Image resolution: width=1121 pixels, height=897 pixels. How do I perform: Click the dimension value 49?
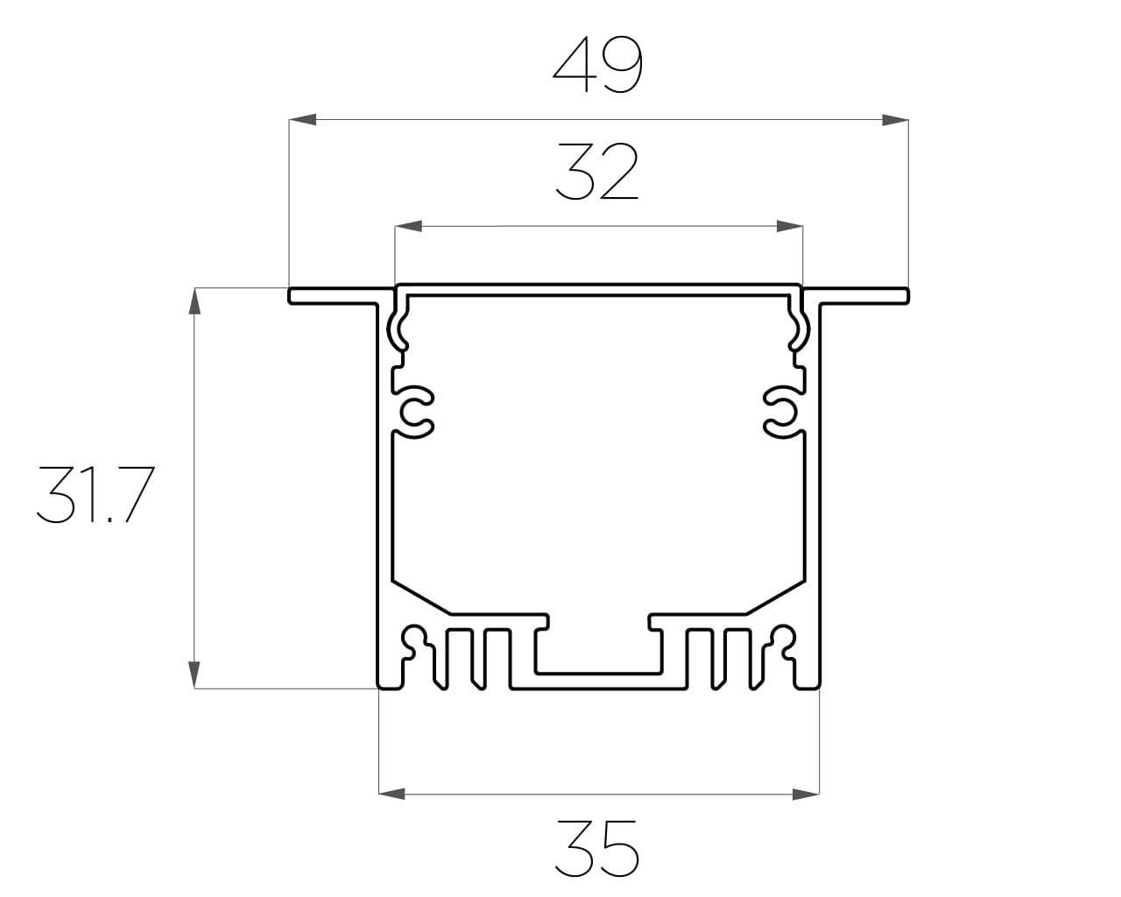pos(597,65)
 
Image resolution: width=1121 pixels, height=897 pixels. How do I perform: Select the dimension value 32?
pos(597,172)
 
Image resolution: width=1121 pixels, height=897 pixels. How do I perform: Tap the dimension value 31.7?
pos(95,494)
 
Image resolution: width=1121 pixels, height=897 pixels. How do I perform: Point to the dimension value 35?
pos(597,849)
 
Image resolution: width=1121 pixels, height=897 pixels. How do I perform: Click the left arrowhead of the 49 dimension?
pos(303,119)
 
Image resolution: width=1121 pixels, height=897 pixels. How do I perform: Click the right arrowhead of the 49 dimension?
pos(895,120)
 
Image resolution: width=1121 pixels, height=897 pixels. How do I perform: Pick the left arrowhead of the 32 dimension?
pos(408,226)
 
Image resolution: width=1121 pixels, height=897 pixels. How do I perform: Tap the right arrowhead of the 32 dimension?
pos(789,226)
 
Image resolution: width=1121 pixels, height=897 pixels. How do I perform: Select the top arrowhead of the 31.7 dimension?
pos(194,301)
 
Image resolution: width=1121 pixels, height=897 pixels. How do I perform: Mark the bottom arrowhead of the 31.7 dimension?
pos(194,675)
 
